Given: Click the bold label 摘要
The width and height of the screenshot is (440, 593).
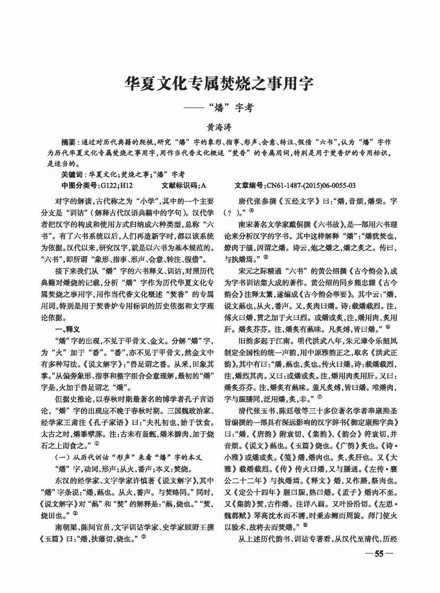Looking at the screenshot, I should coord(69,143).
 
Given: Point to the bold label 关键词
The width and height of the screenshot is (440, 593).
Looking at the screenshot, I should coord(72,174).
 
